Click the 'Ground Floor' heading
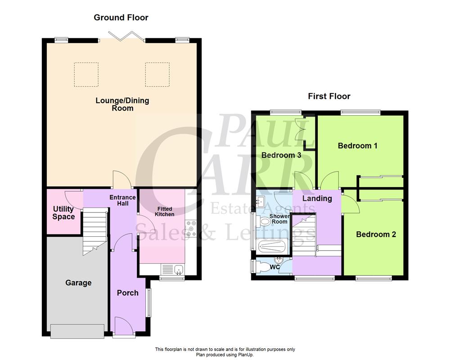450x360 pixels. pyautogui.click(x=121, y=18)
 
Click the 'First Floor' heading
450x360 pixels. pyautogui.click(x=329, y=96)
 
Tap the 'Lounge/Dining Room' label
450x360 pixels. pyautogui.click(x=122, y=104)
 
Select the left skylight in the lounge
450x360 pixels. pyautogui.click(x=85, y=74)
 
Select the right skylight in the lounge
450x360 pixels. pyautogui.click(x=157, y=74)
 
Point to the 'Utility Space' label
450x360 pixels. pyautogui.click(x=63, y=213)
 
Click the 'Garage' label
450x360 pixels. pyautogui.click(x=78, y=283)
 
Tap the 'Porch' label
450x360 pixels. pyautogui.click(x=128, y=293)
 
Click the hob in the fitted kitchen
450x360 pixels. pyautogui.click(x=191, y=228)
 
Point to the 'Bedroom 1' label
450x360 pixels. pyautogui.click(x=357, y=146)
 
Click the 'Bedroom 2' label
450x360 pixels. pyautogui.click(x=376, y=234)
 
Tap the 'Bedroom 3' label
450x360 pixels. pyautogui.click(x=281, y=155)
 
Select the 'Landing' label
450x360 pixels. pyautogui.click(x=317, y=198)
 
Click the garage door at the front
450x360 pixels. pyautogui.click(x=79, y=331)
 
